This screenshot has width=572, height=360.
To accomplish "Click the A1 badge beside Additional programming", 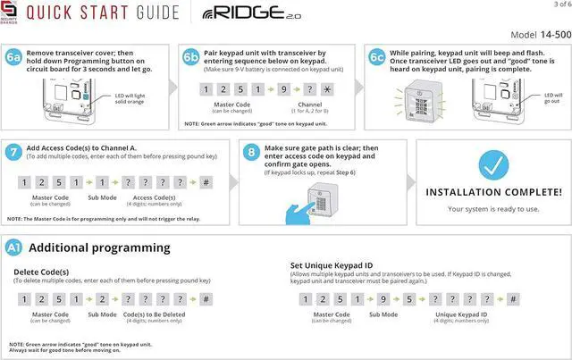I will [x=14, y=246].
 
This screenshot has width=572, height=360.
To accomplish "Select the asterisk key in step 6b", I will [x=328, y=90].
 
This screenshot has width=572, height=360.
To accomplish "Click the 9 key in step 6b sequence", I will [x=283, y=90].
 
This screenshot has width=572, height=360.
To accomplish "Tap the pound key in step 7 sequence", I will [x=206, y=182].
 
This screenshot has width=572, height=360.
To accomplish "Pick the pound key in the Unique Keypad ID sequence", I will [x=513, y=299].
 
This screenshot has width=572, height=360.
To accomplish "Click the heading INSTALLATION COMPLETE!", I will [x=493, y=192].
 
